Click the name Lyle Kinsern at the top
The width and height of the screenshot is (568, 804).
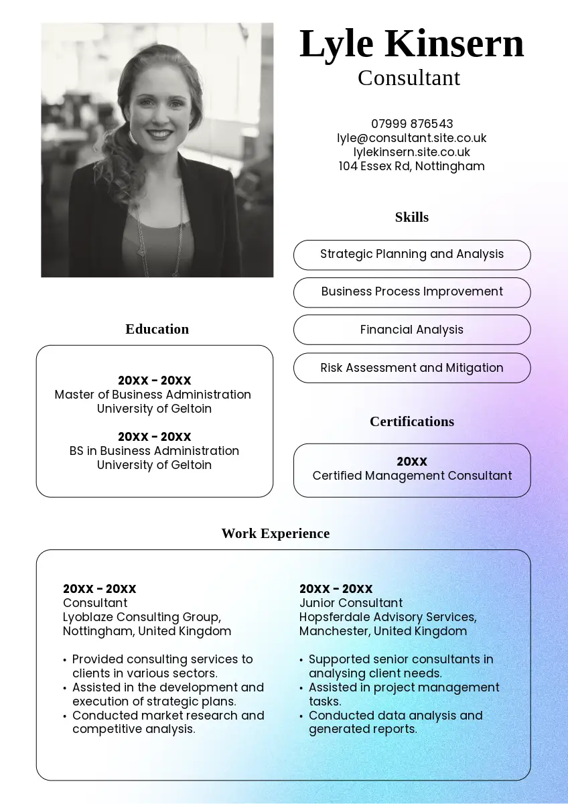coord(411,44)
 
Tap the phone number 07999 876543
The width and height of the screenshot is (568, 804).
coord(412,124)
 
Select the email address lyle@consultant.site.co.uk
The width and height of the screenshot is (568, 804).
coord(412,138)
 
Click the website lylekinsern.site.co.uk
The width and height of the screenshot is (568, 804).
coord(412,152)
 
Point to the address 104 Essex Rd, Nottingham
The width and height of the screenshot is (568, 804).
coord(412,166)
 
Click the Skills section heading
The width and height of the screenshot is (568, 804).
coord(412,217)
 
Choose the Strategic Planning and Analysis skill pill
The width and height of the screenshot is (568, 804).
coord(412,255)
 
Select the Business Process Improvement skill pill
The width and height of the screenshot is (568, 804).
coord(412,292)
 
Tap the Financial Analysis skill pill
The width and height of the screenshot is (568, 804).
coord(412,330)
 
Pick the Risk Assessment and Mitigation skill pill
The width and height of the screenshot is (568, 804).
coord(412,368)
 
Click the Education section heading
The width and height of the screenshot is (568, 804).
coord(157,329)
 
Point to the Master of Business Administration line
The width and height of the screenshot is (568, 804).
coord(153,395)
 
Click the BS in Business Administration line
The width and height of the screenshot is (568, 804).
coord(154,451)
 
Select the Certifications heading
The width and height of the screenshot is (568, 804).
coord(412,421)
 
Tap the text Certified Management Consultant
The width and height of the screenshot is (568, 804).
coord(412,476)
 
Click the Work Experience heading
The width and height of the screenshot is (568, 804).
coord(275,533)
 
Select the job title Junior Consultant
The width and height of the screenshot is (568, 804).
coord(351,603)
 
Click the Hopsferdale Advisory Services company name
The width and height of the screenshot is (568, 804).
coord(387,617)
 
